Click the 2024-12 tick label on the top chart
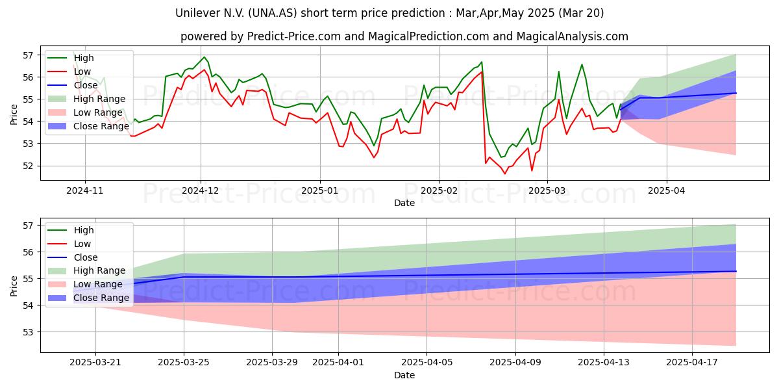point(201,190)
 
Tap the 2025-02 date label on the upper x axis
point(439,190)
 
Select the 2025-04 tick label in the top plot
point(667,190)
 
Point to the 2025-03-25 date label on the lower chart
point(184,363)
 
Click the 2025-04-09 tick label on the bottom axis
point(515,363)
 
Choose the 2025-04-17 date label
point(692,363)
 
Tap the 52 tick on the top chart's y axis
point(28,166)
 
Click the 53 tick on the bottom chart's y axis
point(28,332)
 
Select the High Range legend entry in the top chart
point(86,99)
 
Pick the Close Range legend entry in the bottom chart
point(88,298)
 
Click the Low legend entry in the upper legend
point(69,71)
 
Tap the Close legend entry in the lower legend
point(73,257)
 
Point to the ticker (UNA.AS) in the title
point(273,13)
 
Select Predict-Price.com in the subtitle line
point(294,36)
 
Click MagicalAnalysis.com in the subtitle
point(573,36)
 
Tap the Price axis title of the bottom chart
point(14,286)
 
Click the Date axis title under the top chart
point(404,203)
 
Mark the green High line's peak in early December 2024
point(204,57)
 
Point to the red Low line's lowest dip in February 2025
point(505,174)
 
